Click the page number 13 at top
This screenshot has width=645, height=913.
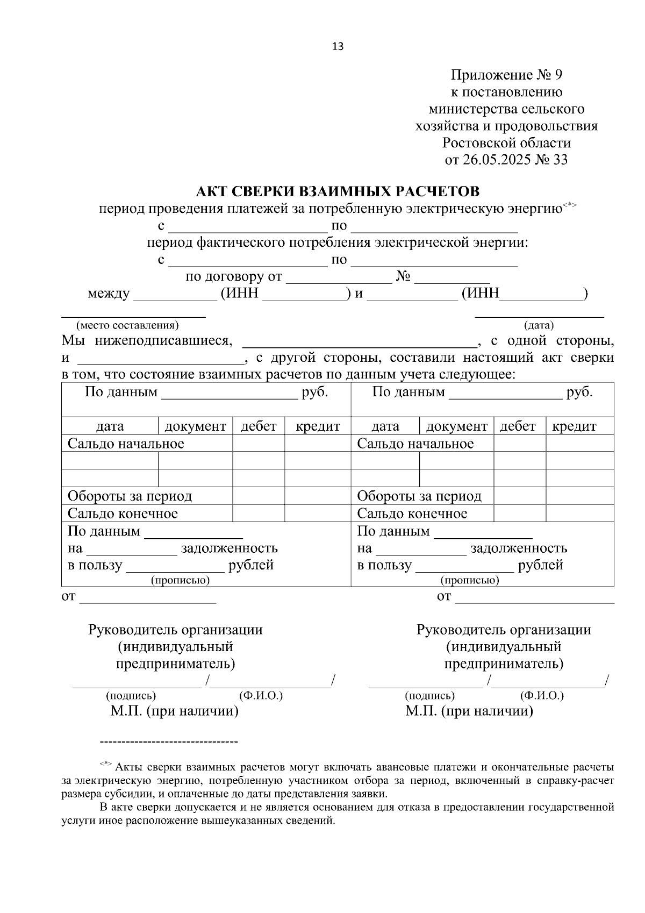[338, 46]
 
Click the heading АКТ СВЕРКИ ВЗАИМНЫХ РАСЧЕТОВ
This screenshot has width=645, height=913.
[338, 191]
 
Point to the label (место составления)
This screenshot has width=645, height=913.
[127, 325]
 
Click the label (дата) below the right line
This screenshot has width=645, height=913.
[539, 325]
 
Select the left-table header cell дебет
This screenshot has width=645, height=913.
[259, 426]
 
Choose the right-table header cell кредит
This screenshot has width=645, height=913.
[574, 426]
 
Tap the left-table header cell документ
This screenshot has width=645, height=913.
[195, 426]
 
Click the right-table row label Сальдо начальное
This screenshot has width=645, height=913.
[415, 444]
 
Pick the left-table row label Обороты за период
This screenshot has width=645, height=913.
[130, 496]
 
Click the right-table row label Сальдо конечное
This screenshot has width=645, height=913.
[412, 513]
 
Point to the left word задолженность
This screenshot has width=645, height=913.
[230, 548]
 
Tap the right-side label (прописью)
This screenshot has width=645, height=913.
[469, 581]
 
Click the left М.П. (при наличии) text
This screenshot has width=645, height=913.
[175, 711]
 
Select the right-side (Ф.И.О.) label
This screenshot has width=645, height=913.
[542, 696]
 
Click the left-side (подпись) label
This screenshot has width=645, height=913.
[131, 696]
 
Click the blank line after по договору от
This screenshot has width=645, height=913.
[339, 279]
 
